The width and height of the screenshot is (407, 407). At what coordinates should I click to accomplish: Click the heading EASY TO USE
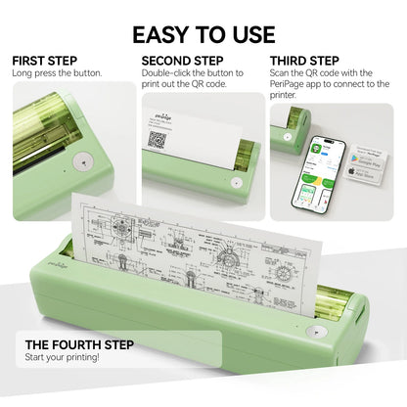pyautogui.click(x=203, y=35)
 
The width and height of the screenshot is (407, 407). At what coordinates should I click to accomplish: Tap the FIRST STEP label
pyautogui.click(x=43, y=61)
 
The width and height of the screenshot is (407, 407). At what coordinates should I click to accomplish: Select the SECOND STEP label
pyautogui.click(x=182, y=61)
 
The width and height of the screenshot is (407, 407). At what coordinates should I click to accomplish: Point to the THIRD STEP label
pyautogui.click(x=305, y=61)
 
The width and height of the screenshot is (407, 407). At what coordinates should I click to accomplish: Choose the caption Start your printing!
pyautogui.click(x=63, y=358)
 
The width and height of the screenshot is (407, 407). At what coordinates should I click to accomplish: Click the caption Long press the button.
pyautogui.click(x=56, y=73)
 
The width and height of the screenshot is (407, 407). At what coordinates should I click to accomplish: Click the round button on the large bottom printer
pyautogui.click(x=316, y=333)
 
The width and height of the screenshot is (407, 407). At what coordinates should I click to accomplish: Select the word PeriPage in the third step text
pyautogui.click(x=292, y=85)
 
